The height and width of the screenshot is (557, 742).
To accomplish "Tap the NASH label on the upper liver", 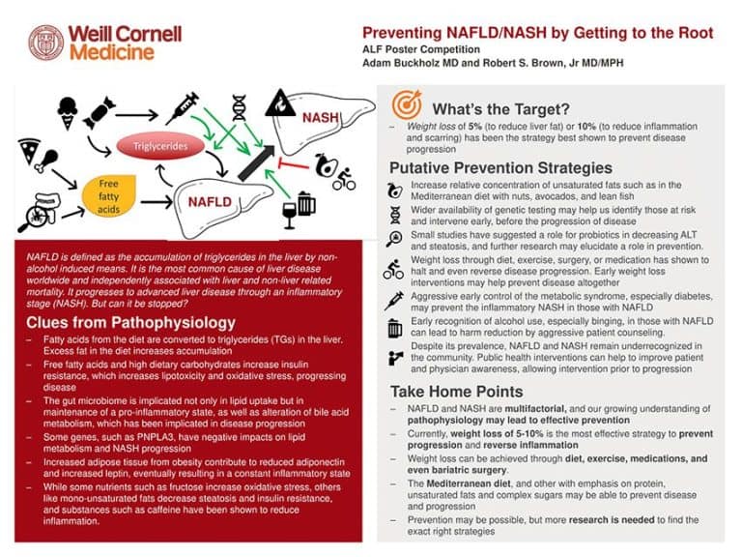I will [320, 118].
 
